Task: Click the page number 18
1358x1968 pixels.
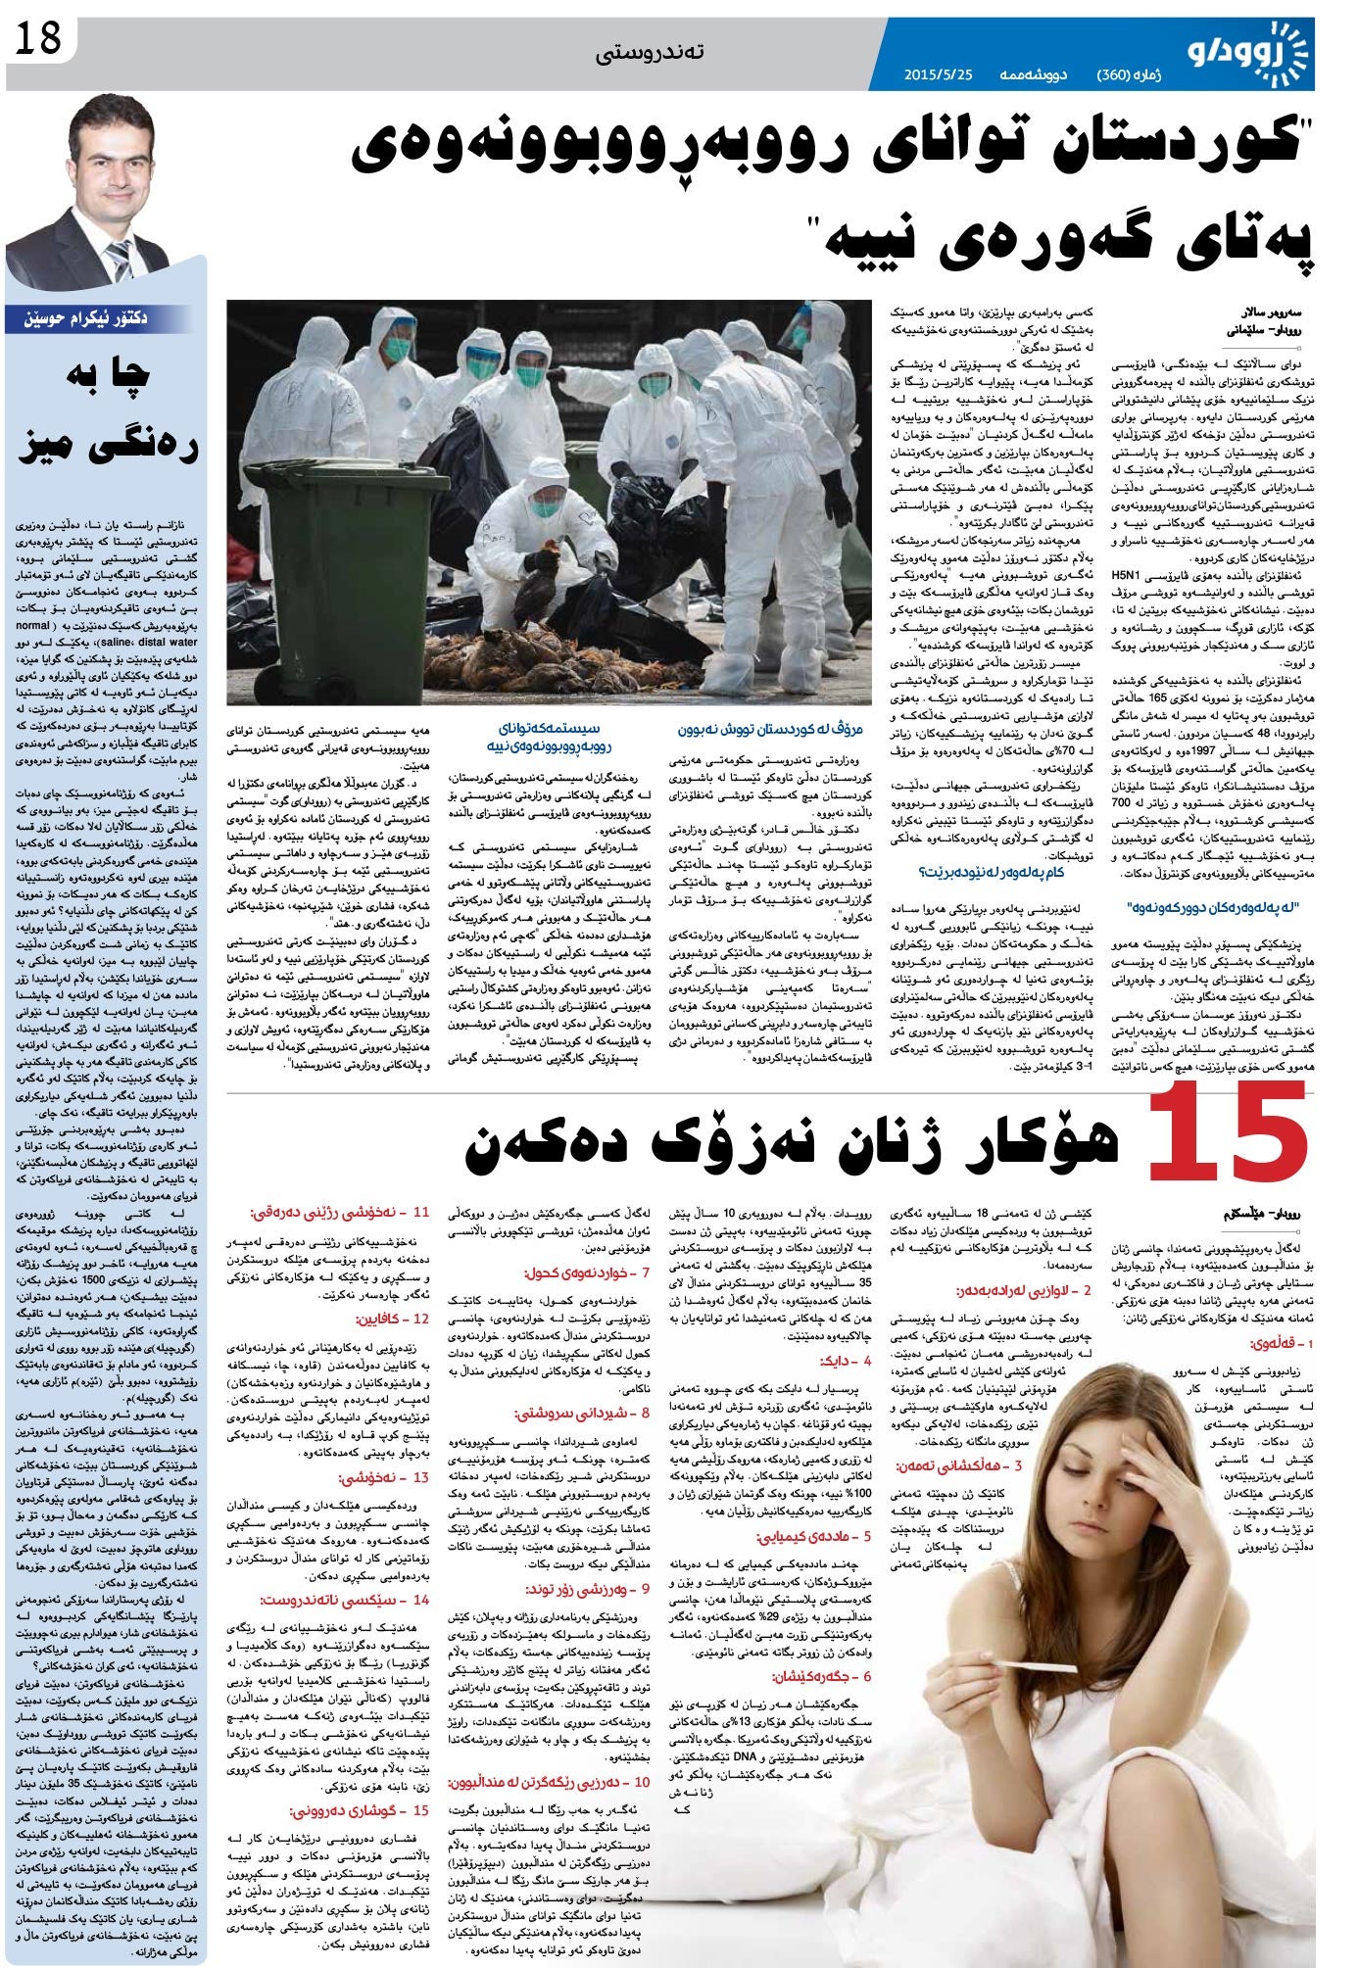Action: (x=36, y=41)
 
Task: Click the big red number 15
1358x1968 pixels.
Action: (x=1229, y=1133)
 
